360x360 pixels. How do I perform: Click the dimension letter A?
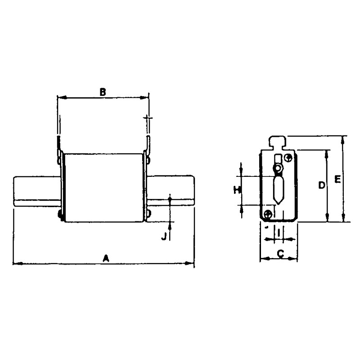tap(106, 258)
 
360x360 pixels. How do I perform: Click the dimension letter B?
tap(103, 92)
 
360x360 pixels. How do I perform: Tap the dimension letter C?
tap(280, 254)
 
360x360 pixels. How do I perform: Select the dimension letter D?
tap(322, 185)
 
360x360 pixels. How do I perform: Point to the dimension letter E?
tap(337, 179)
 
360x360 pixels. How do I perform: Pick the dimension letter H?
tap(237, 189)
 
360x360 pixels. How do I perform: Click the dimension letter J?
tap(164, 236)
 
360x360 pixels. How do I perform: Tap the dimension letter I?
tap(279, 233)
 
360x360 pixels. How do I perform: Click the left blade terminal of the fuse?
tap(37, 191)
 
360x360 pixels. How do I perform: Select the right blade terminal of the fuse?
tap(171, 190)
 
